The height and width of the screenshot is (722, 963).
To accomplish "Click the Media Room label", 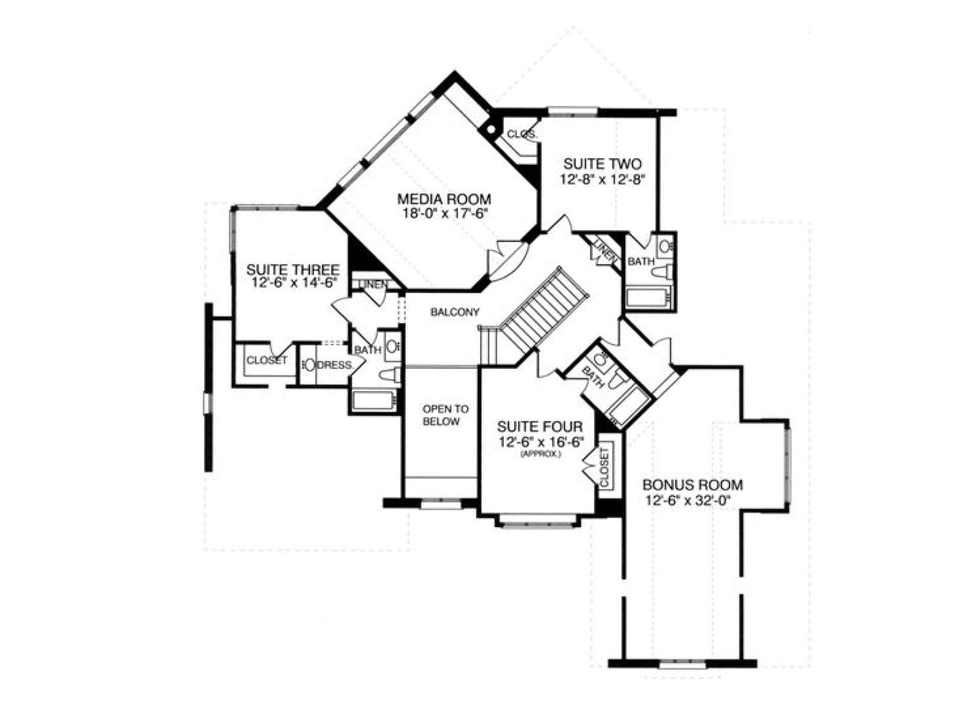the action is coord(444,199).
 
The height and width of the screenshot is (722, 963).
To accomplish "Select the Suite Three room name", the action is coord(293,269).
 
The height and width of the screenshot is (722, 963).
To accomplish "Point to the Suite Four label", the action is coord(540,426).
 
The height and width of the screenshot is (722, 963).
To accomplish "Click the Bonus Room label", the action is coord(693,485).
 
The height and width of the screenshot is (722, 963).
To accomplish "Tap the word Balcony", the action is coord(455,312).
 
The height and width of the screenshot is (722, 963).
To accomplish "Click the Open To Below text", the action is coord(445,415).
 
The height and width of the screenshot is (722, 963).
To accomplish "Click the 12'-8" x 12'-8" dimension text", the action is coord(603,179).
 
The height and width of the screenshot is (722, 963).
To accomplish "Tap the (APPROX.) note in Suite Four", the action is coord(540,455).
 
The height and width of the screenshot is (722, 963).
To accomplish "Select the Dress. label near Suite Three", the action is coord(334,365).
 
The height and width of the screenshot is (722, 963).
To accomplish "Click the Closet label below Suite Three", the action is coord(267,360).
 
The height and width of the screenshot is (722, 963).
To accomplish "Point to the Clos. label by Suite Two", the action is coord(522,134).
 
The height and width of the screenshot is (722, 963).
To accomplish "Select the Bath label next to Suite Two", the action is coord(641,262).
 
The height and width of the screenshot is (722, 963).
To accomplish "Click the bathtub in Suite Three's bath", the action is coord(374,400).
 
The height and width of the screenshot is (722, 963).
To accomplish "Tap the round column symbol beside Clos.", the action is coord(491,129).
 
